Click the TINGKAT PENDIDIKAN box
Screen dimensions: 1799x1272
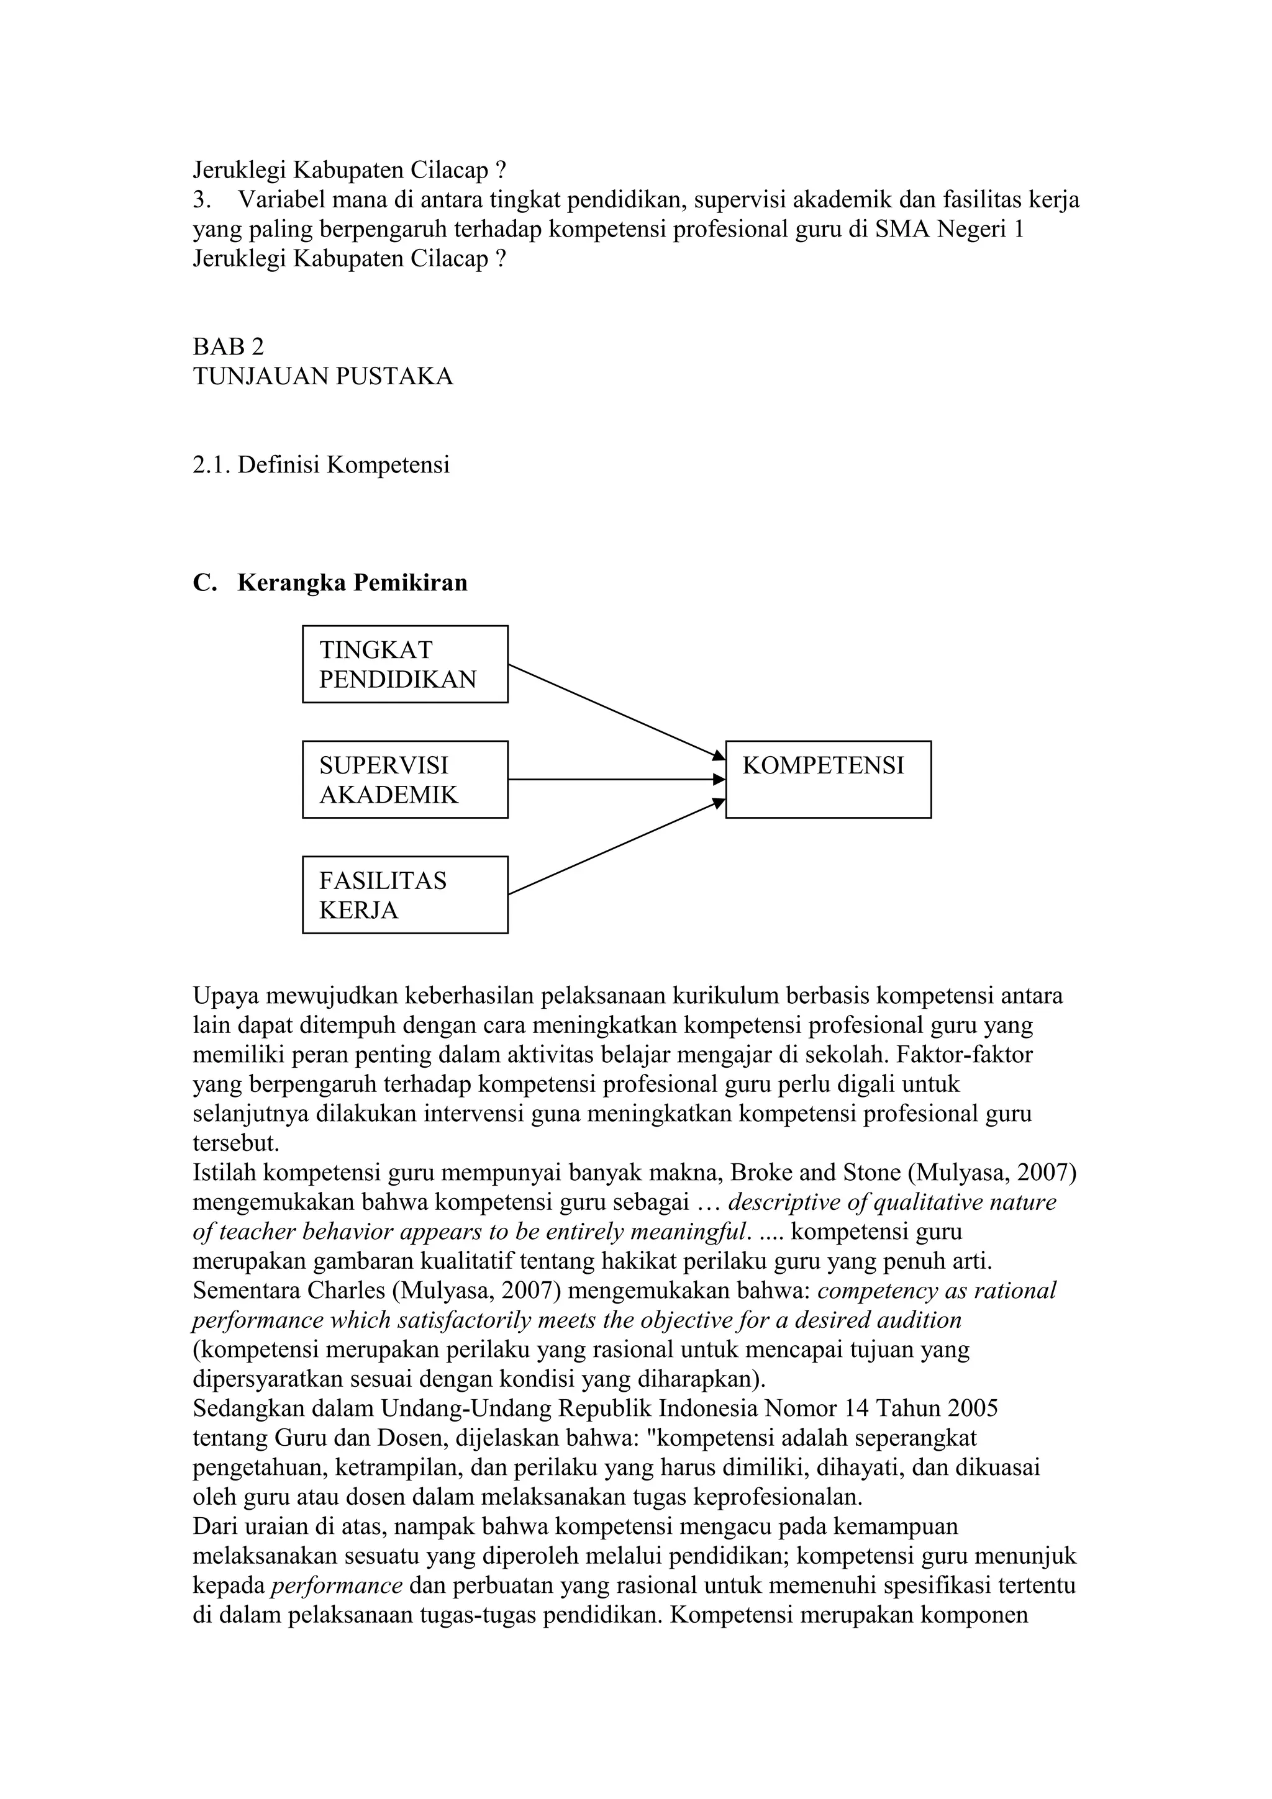(x=404, y=664)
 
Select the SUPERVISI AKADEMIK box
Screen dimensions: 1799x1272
(x=404, y=779)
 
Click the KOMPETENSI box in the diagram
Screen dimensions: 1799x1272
(x=828, y=779)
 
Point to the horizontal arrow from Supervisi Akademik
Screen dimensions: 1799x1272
(x=616, y=780)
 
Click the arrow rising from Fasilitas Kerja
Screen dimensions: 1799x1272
(x=616, y=847)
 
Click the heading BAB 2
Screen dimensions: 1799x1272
(x=228, y=346)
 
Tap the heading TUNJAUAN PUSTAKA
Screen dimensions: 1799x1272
(x=322, y=376)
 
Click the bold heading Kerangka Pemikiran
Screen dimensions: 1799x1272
(x=352, y=583)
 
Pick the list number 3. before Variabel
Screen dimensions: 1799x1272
(x=201, y=200)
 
